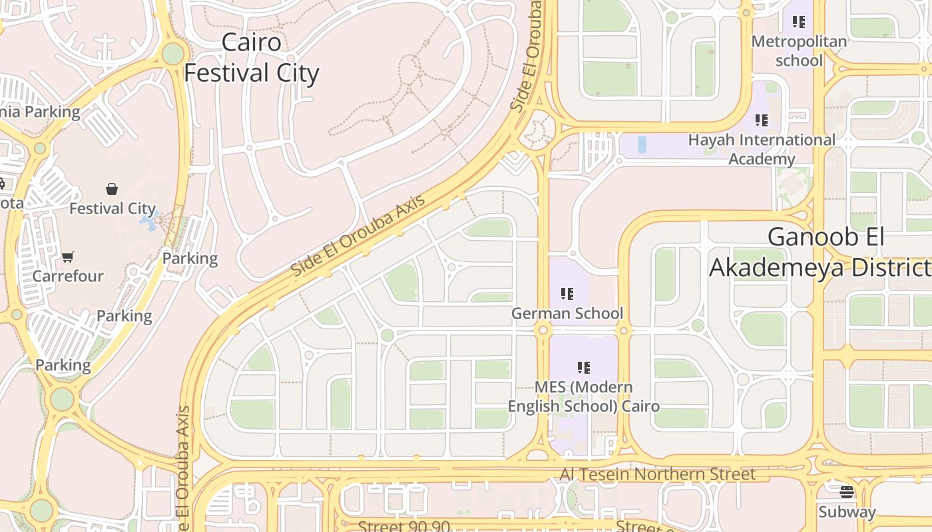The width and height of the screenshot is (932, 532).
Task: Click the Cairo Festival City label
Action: coord(252,58)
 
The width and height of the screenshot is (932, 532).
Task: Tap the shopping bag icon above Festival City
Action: coord(112,190)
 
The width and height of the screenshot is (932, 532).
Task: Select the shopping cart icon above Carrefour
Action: coord(67,257)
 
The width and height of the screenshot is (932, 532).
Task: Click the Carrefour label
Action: coord(68,276)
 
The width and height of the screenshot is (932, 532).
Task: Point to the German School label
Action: coord(567,313)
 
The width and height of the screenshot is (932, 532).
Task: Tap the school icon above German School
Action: coord(567,293)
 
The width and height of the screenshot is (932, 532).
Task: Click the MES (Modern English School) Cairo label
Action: coord(584,396)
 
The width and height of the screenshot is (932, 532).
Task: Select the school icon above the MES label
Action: coord(584,367)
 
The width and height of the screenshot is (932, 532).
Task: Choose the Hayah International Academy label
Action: coord(762,150)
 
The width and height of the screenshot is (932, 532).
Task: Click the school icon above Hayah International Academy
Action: coord(761,120)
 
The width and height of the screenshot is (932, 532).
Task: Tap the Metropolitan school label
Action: coord(799,51)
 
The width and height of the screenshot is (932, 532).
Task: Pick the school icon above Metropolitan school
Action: coord(799,22)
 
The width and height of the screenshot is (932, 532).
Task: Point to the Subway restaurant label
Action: coord(847,512)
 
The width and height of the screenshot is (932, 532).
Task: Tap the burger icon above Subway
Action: coord(847,492)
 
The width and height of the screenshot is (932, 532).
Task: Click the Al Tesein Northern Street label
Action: coord(657,474)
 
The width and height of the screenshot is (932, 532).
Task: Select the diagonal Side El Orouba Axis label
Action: coord(358,239)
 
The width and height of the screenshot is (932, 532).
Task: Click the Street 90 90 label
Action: coord(403,526)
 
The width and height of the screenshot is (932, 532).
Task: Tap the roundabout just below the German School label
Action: coord(544,330)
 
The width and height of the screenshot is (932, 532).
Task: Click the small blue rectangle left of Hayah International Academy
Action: coord(642,144)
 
